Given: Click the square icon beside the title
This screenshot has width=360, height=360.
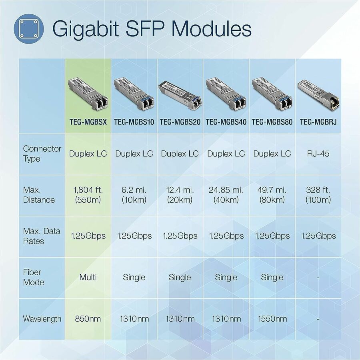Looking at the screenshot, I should point(27,28).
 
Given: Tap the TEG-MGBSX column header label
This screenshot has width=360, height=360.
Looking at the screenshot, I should point(88,122).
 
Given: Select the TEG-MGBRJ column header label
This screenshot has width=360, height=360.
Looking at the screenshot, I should point(318,122).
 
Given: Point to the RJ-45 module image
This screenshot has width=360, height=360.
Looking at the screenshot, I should point(318,92).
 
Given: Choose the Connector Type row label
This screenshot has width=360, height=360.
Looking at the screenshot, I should point(42,154).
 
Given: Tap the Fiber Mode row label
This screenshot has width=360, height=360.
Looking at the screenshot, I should point(34,277).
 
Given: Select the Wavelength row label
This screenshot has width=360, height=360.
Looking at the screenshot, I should point(42,319).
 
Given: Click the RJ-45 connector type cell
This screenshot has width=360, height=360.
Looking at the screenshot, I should point(318,154).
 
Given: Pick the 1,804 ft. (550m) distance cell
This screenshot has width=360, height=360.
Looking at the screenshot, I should point(88,194).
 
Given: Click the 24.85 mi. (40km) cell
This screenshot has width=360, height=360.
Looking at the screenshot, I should point(226,194).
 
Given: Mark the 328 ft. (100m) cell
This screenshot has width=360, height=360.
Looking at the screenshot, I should point(318,194).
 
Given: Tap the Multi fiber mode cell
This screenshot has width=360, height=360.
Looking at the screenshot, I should point(88,277).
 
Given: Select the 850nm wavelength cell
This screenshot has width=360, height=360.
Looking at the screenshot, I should point(88,319).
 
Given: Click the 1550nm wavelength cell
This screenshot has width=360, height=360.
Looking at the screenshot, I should point(272,319).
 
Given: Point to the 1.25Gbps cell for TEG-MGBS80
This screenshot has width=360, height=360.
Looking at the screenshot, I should point(272,236).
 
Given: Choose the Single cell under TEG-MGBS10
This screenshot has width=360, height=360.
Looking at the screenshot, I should point(134,277).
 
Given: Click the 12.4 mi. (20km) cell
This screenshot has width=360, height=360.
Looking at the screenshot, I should point(180,194).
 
